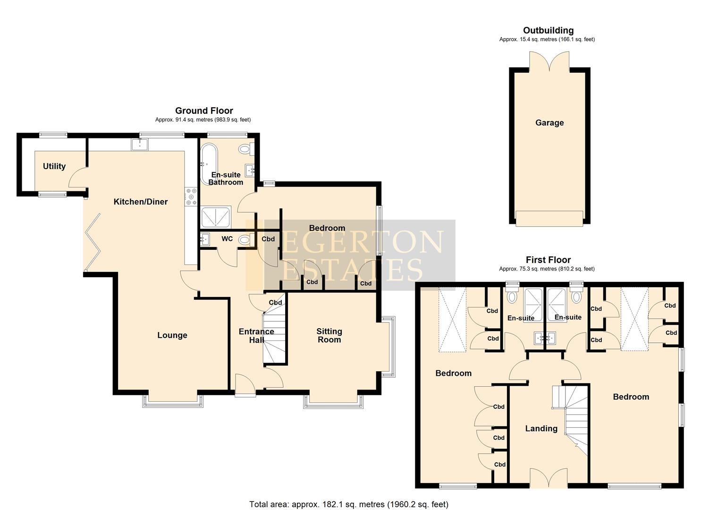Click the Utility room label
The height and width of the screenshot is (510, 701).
54,166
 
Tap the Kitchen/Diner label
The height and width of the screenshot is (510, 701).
141,202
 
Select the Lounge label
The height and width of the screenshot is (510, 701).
172,335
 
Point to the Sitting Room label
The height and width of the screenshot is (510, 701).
329,335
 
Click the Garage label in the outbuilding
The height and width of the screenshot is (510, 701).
549,123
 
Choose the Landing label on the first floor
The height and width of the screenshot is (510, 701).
541,428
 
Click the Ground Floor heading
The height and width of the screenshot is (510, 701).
204,111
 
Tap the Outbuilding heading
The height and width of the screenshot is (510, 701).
548,31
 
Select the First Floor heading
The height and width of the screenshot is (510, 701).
548,260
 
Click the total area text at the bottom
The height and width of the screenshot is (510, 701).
348,504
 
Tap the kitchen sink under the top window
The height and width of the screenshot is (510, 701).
140,144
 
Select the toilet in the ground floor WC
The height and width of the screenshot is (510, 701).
244,239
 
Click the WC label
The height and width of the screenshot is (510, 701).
227,239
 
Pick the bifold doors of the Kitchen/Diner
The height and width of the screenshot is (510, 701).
93,242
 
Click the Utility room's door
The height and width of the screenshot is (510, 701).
76,177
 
